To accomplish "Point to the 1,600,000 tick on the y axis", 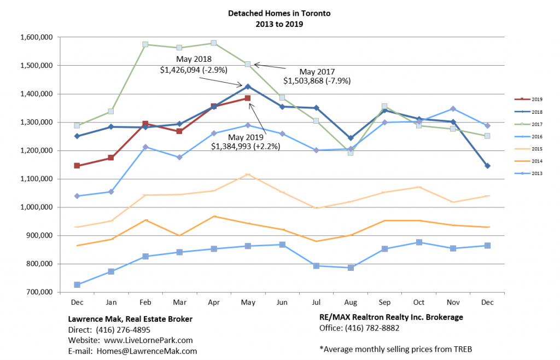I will [37, 37].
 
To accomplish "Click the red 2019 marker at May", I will [247, 98].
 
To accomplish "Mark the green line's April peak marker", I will [213, 43].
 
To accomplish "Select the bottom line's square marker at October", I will [418, 242].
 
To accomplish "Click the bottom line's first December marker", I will [77, 285].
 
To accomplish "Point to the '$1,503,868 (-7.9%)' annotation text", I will [317, 80].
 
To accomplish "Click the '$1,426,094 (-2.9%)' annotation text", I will [194, 69].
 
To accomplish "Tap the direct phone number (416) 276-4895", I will [122, 330].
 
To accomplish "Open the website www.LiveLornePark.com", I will [145, 340].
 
